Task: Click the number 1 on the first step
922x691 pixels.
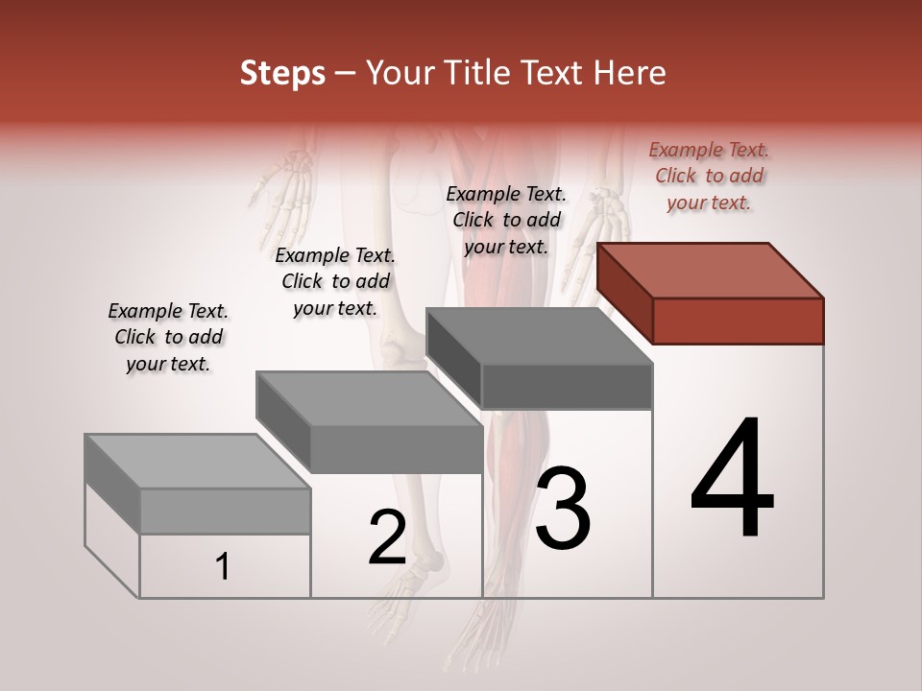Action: (223, 567)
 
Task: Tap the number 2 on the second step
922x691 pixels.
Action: (387, 537)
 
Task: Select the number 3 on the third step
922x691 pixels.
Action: (563, 508)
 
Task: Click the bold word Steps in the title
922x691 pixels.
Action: (282, 73)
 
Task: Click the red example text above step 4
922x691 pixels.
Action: (709, 176)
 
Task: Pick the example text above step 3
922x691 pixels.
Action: (506, 220)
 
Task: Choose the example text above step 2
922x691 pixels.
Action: (335, 281)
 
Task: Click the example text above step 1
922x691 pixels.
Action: (168, 337)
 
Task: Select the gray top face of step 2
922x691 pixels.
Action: (369, 398)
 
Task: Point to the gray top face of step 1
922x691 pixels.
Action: (198, 462)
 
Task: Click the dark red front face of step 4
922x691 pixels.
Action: (738, 321)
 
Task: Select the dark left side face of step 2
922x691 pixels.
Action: (283, 422)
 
